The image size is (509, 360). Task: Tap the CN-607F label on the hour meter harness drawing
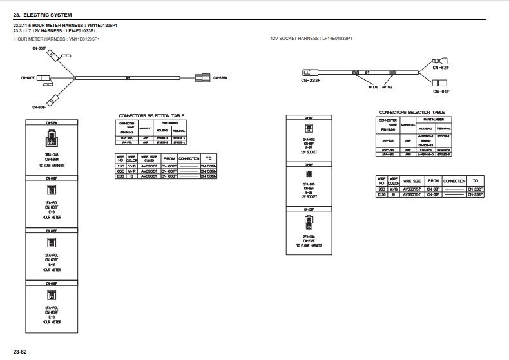pyautogui.click(x=28, y=78)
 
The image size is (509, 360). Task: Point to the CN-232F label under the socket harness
pyautogui.click(x=311, y=81)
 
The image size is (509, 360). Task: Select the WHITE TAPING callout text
pyautogui.click(x=380, y=87)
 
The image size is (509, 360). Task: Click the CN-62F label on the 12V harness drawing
pyautogui.click(x=441, y=67)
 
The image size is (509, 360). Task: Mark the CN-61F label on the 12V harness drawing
pyautogui.click(x=441, y=91)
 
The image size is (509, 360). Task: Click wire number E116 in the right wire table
pyautogui.click(x=381, y=194)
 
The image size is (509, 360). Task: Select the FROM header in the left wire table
pyautogui.click(x=169, y=157)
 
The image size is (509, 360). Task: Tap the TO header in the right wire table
pyautogui.click(x=475, y=181)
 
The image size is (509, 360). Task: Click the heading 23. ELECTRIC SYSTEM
pyautogui.click(x=43, y=14)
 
